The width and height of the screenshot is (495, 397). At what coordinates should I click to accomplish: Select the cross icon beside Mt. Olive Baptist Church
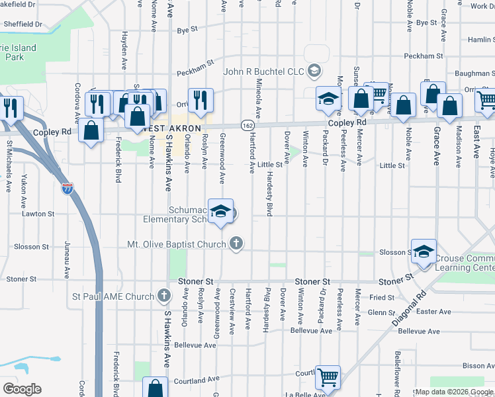235,244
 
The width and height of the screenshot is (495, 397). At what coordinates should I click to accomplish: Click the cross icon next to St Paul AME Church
164,296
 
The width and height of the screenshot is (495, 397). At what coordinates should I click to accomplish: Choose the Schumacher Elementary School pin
221,212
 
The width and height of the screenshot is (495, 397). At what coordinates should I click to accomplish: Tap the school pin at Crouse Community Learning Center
424,251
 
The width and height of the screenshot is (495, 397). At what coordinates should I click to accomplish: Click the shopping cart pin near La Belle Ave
328,378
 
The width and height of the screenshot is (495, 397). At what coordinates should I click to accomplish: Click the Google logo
22,388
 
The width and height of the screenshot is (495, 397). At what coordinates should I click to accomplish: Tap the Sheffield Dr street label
23,23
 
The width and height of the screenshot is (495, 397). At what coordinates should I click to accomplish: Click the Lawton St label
38,214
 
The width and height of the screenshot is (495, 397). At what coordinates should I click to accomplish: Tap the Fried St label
382,298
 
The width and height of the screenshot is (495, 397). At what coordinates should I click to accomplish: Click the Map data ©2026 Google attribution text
453,392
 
